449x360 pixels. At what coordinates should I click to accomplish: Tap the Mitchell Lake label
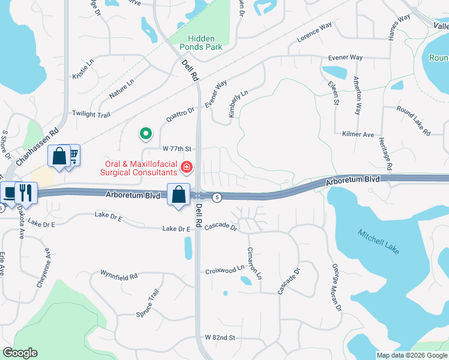pos(379,241)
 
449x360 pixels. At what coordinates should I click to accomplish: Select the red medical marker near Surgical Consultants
pos(187,166)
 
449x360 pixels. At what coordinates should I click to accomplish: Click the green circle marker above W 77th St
pos(144,133)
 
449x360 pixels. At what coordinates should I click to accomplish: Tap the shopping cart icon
pos(72,156)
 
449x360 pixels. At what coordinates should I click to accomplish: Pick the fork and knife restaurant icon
pos(26,192)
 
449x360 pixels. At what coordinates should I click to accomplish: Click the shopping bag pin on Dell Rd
pos(179,194)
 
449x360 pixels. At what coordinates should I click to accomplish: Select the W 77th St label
pos(176,148)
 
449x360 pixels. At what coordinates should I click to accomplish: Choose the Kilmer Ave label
pos(358,134)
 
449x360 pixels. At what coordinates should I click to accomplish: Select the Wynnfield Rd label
pos(119,275)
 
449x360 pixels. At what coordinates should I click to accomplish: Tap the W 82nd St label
pos(220,338)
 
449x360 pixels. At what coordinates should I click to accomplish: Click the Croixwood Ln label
pos(224,270)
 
